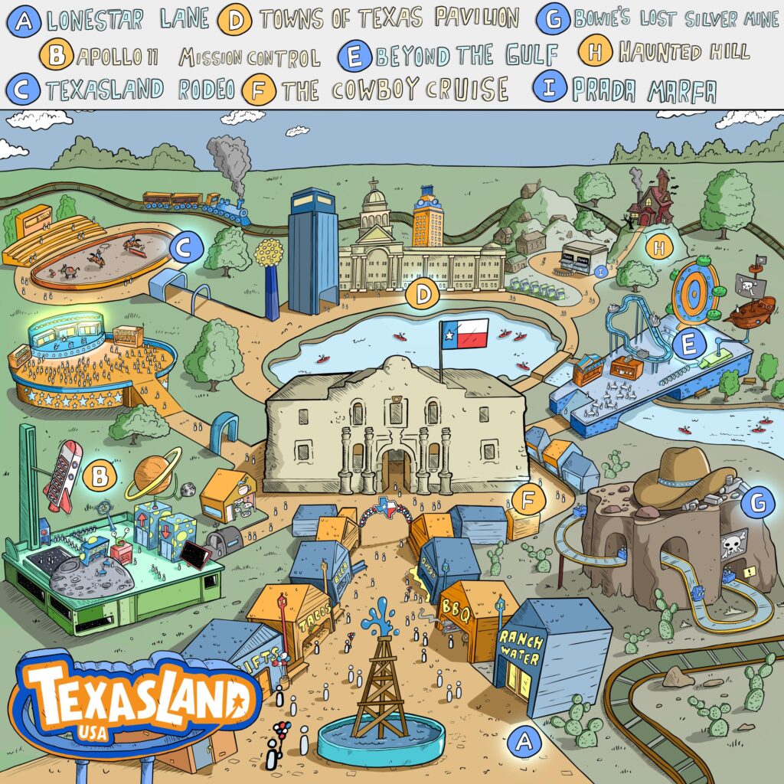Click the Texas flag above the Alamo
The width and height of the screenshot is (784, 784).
tap(464, 333)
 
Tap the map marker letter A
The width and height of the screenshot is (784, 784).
tap(524, 741)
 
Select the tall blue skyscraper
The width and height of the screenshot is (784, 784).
tap(312, 250)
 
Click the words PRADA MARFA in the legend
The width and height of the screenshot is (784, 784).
tap(643, 90)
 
